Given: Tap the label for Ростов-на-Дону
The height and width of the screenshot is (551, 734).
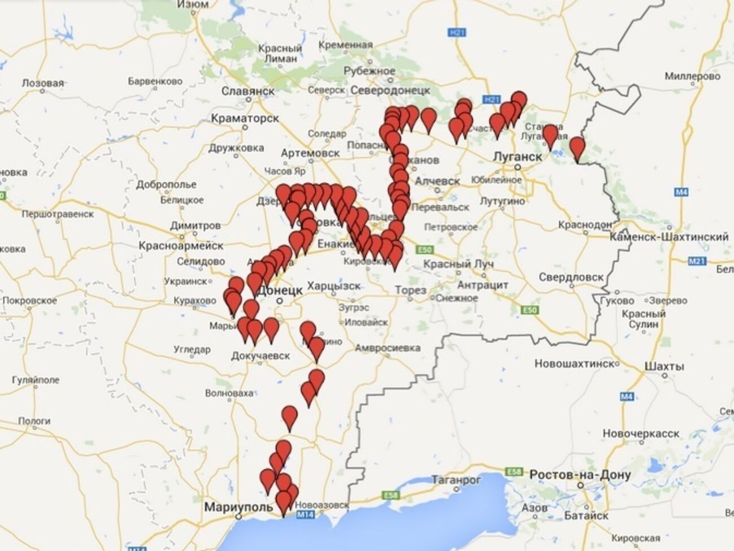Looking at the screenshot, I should (x=580, y=475).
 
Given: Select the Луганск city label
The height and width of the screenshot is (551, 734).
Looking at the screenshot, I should (x=517, y=157).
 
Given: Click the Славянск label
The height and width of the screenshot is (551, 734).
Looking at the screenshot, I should (x=248, y=91).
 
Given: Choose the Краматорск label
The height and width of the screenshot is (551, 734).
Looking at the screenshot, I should (x=245, y=118).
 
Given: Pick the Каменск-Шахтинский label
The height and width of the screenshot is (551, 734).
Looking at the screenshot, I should (x=669, y=237).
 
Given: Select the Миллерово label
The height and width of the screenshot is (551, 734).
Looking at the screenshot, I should (x=692, y=76).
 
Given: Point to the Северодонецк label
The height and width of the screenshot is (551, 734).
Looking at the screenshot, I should (x=390, y=90).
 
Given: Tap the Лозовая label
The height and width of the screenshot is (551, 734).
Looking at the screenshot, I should (x=43, y=83).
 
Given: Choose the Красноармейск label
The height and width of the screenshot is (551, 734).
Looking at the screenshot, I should (x=181, y=246).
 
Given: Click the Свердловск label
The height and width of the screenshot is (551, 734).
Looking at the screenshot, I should (x=571, y=277).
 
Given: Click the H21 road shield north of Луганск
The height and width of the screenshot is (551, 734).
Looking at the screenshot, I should (x=492, y=99).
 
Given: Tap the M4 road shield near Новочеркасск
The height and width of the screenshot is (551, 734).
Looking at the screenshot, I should (x=627, y=397).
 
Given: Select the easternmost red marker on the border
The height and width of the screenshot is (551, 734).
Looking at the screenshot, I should (x=577, y=147).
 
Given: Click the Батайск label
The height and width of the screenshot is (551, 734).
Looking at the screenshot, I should (x=586, y=515).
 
